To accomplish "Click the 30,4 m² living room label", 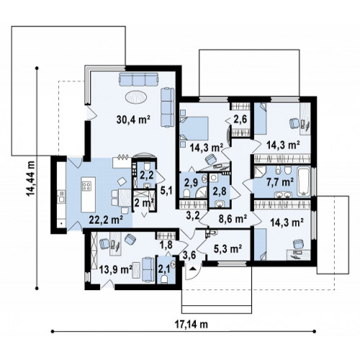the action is [x=133, y=120].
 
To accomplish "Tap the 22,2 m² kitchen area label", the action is [x=106, y=220].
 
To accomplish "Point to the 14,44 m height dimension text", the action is [x=31, y=178].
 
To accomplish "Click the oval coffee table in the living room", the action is [x=136, y=97].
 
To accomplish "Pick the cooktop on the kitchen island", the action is [x=87, y=186].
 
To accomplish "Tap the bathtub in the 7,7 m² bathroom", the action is [x=304, y=182].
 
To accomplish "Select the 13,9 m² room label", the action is [x=116, y=270].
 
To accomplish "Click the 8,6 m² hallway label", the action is [x=233, y=219].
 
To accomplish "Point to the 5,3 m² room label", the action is [x=228, y=249].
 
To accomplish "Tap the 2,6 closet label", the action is [x=240, y=119].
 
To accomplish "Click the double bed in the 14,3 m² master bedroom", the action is [x=194, y=128].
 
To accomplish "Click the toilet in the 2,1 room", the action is [x=165, y=279].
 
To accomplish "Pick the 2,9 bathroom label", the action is [x=191, y=182].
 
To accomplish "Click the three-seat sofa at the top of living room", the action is [x=139, y=79].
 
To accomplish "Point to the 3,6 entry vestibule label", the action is [x=189, y=255].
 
